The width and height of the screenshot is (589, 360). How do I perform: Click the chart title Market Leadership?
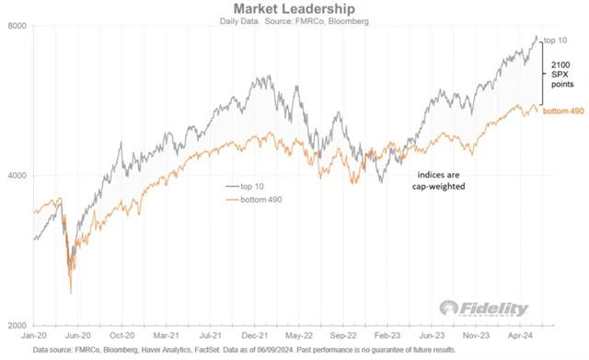(294, 8)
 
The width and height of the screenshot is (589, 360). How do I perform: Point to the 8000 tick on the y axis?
(15, 26)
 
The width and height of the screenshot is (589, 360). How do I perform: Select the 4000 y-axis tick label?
(15, 176)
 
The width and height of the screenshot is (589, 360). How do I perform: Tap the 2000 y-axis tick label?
(15, 327)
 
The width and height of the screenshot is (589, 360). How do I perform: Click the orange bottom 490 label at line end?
(562, 110)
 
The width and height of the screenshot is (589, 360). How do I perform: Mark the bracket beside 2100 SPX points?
(544, 73)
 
